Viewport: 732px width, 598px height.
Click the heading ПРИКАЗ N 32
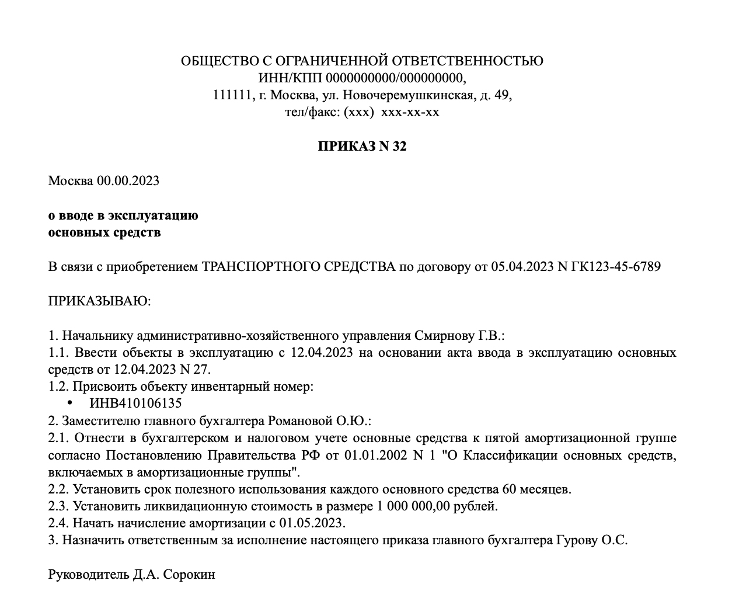pyautogui.click(x=362, y=146)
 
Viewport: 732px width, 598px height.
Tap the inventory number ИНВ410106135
pyautogui.click(x=135, y=404)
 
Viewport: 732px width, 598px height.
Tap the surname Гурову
pyautogui.click(x=574, y=540)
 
